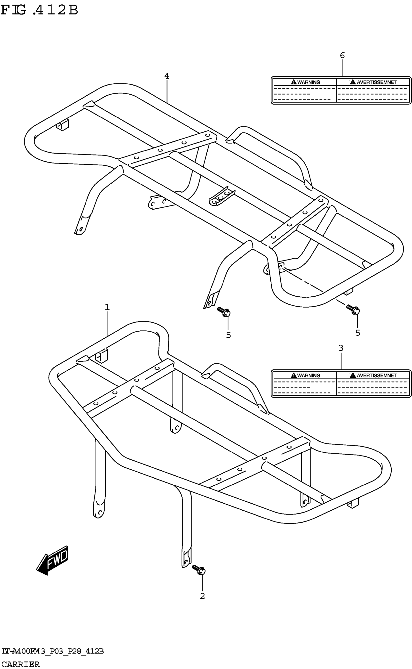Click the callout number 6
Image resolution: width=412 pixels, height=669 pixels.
(342, 55)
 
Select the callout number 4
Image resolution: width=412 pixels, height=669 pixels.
(166, 76)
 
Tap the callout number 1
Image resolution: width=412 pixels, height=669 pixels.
(107, 307)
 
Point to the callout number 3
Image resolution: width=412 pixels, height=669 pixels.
(341, 348)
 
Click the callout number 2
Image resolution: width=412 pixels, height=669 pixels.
(202, 596)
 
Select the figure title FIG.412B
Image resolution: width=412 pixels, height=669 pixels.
(40, 10)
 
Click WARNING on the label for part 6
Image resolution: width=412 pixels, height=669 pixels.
(309, 82)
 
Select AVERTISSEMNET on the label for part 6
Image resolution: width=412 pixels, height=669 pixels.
(377, 82)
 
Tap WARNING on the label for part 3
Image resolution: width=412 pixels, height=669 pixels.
(309, 375)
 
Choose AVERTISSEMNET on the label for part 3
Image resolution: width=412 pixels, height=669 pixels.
(377, 375)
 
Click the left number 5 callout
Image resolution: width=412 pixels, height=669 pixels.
(228, 335)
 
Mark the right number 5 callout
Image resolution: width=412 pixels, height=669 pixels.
(358, 333)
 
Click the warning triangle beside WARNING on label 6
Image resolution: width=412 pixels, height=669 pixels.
(294, 82)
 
